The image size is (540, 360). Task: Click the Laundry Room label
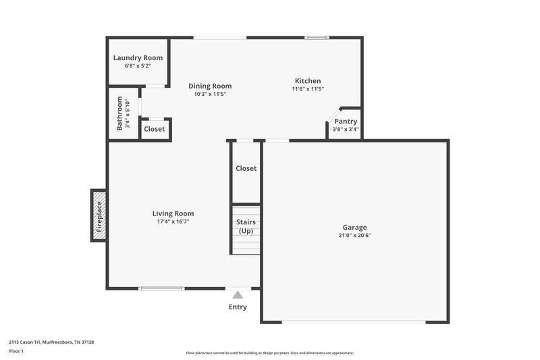pos(138,58)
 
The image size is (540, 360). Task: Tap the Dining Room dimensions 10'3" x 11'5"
pos(209,95)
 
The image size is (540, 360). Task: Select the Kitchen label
pos(308,81)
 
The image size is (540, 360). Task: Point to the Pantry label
pos(346,122)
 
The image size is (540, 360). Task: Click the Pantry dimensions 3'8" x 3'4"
pos(346,130)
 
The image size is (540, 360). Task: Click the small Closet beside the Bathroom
pos(155,129)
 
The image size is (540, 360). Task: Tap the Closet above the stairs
pos(246,168)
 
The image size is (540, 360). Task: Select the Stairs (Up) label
pos(246,226)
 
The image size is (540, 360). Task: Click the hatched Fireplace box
pos(99,215)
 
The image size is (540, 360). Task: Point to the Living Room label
pos(173,213)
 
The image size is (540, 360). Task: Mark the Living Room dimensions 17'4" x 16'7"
pos(173,222)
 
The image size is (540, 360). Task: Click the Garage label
pos(354,228)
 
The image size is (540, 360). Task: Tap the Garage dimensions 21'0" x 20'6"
pos(354,236)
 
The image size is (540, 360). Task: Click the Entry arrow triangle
pos(237,294)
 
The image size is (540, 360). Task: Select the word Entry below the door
pos(237,307)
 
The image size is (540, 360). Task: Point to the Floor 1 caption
pos(16,352)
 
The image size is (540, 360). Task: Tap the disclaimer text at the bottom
pos(269,353)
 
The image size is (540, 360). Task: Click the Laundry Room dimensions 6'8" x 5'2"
pos(138,66)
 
